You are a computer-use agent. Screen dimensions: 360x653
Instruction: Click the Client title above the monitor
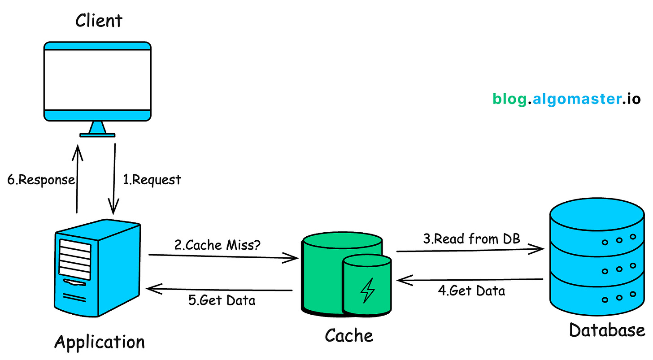click(x=99, y=21)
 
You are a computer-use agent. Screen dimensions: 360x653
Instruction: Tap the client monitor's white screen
click(x=97, y=79)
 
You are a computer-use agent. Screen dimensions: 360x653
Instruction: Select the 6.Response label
click(x=41, y=180)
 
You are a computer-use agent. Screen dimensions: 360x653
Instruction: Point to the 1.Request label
click(x=152, y=180)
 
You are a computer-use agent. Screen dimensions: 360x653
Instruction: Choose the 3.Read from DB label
click(x=471, y=239)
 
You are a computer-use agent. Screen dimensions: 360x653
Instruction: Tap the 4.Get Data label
click(x=471, y=291)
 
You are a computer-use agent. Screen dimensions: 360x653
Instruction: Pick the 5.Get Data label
click(x=222, y=300)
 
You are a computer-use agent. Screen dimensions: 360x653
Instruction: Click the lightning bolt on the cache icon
click(x=367, y=290)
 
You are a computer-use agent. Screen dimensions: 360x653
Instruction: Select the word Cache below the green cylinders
click(x=349, y=335)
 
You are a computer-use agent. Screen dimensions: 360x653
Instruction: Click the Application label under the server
click(x=100, y=342)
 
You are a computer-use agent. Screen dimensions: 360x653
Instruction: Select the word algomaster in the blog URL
click(x=575, y=99)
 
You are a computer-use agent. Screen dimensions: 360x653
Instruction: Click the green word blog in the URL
click(x=509, y=99)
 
